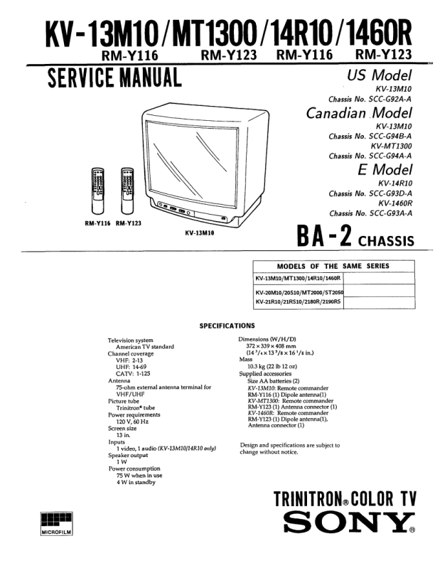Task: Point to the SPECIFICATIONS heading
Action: point(226,326)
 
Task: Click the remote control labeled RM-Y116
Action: point(99,191)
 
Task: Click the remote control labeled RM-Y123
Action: point(127,191)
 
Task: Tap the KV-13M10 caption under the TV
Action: point(200,232)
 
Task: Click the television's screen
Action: point(187,163)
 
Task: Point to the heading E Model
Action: point(385,170)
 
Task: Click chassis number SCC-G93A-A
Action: point(370,213)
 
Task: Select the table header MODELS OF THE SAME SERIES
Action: point(333,266)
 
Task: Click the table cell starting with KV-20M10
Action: point(299,292)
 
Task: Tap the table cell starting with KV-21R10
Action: point(298,302)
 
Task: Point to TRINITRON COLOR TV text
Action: point(345,498)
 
